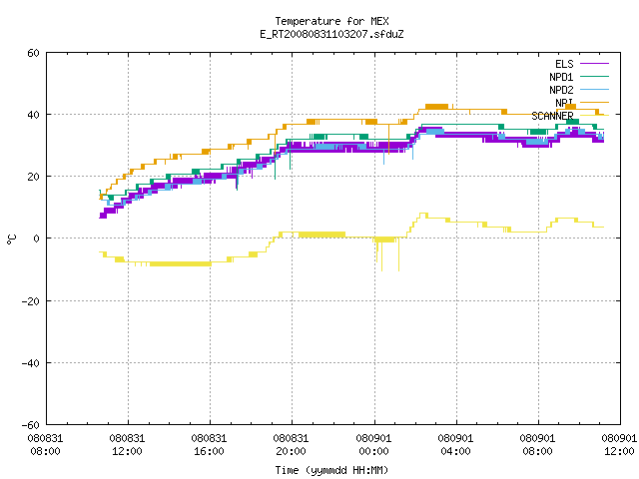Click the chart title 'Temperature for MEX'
coord(331,21)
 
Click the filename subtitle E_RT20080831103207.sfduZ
coord(331,34)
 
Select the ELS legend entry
coord(582,64)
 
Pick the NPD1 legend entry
coord(579,77)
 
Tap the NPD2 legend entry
coord(579,90)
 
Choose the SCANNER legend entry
coord(570,116)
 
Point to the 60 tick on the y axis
coord(33,53)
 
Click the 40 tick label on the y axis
coord(33,115)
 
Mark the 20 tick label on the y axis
coord(33,177)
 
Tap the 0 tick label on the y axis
coord(37,239)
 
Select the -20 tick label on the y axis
coord(31,301)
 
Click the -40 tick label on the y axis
coord(31,363)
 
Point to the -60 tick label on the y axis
coord(31,425)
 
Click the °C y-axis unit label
coord(11,239)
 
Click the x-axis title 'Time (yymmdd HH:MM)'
coord(331,470)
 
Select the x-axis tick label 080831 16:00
coord(209,445)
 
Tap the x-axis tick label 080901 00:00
coord(373,445)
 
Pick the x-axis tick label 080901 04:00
coord(455,445)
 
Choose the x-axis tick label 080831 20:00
coord(291,445)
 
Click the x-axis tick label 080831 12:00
coord(127,445)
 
